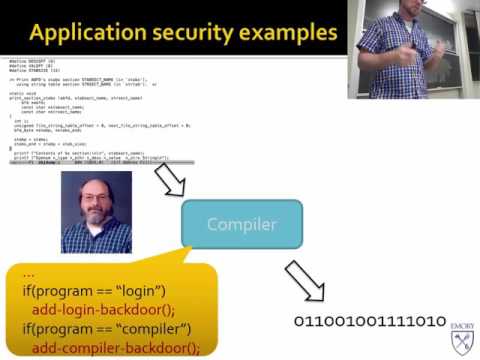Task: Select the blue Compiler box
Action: (241, 224)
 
